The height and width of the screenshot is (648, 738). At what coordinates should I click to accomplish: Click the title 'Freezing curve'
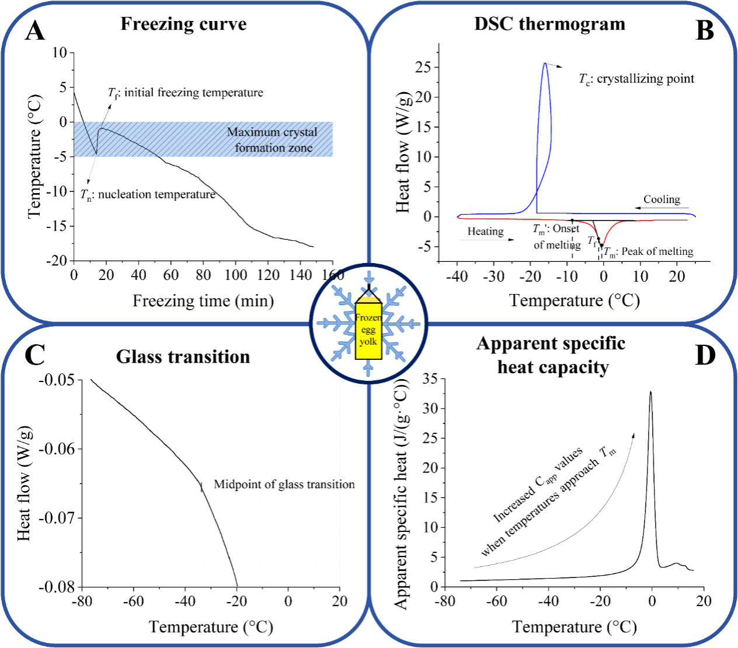[183, 24]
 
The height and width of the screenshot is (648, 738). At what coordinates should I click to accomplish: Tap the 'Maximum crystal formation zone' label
[273, 140]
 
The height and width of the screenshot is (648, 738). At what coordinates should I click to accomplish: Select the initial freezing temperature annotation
[186, 93]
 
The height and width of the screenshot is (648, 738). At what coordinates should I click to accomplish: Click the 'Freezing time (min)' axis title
[203, 301]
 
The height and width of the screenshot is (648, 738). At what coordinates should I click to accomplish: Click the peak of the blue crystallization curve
[545, 64]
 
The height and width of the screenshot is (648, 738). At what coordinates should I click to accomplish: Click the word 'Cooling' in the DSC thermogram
[662, 199]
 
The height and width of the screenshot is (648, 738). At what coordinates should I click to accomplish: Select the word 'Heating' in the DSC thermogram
[485, 232]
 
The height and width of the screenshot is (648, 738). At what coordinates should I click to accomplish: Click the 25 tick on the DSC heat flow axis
[423, 67]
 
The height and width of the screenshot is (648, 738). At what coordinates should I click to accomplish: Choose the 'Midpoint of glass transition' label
[284, 485]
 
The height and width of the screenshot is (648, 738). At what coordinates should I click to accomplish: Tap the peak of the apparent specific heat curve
[650, 392]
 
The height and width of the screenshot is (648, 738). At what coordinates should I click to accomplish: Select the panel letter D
[705, 355]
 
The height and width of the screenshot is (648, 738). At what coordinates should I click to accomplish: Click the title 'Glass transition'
[183, 357]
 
